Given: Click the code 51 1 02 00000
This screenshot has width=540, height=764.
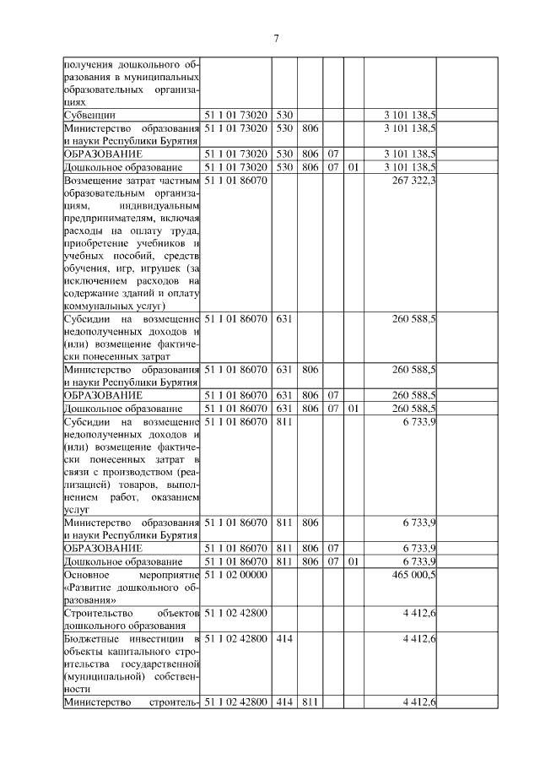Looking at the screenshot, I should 235,575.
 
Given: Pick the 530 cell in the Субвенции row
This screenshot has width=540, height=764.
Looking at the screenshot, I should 283,114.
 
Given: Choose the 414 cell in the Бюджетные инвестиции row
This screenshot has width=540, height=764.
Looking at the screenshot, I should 283,639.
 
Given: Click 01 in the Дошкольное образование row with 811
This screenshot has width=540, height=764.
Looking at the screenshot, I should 353,561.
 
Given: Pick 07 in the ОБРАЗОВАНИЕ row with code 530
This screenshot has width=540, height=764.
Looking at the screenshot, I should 332,154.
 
